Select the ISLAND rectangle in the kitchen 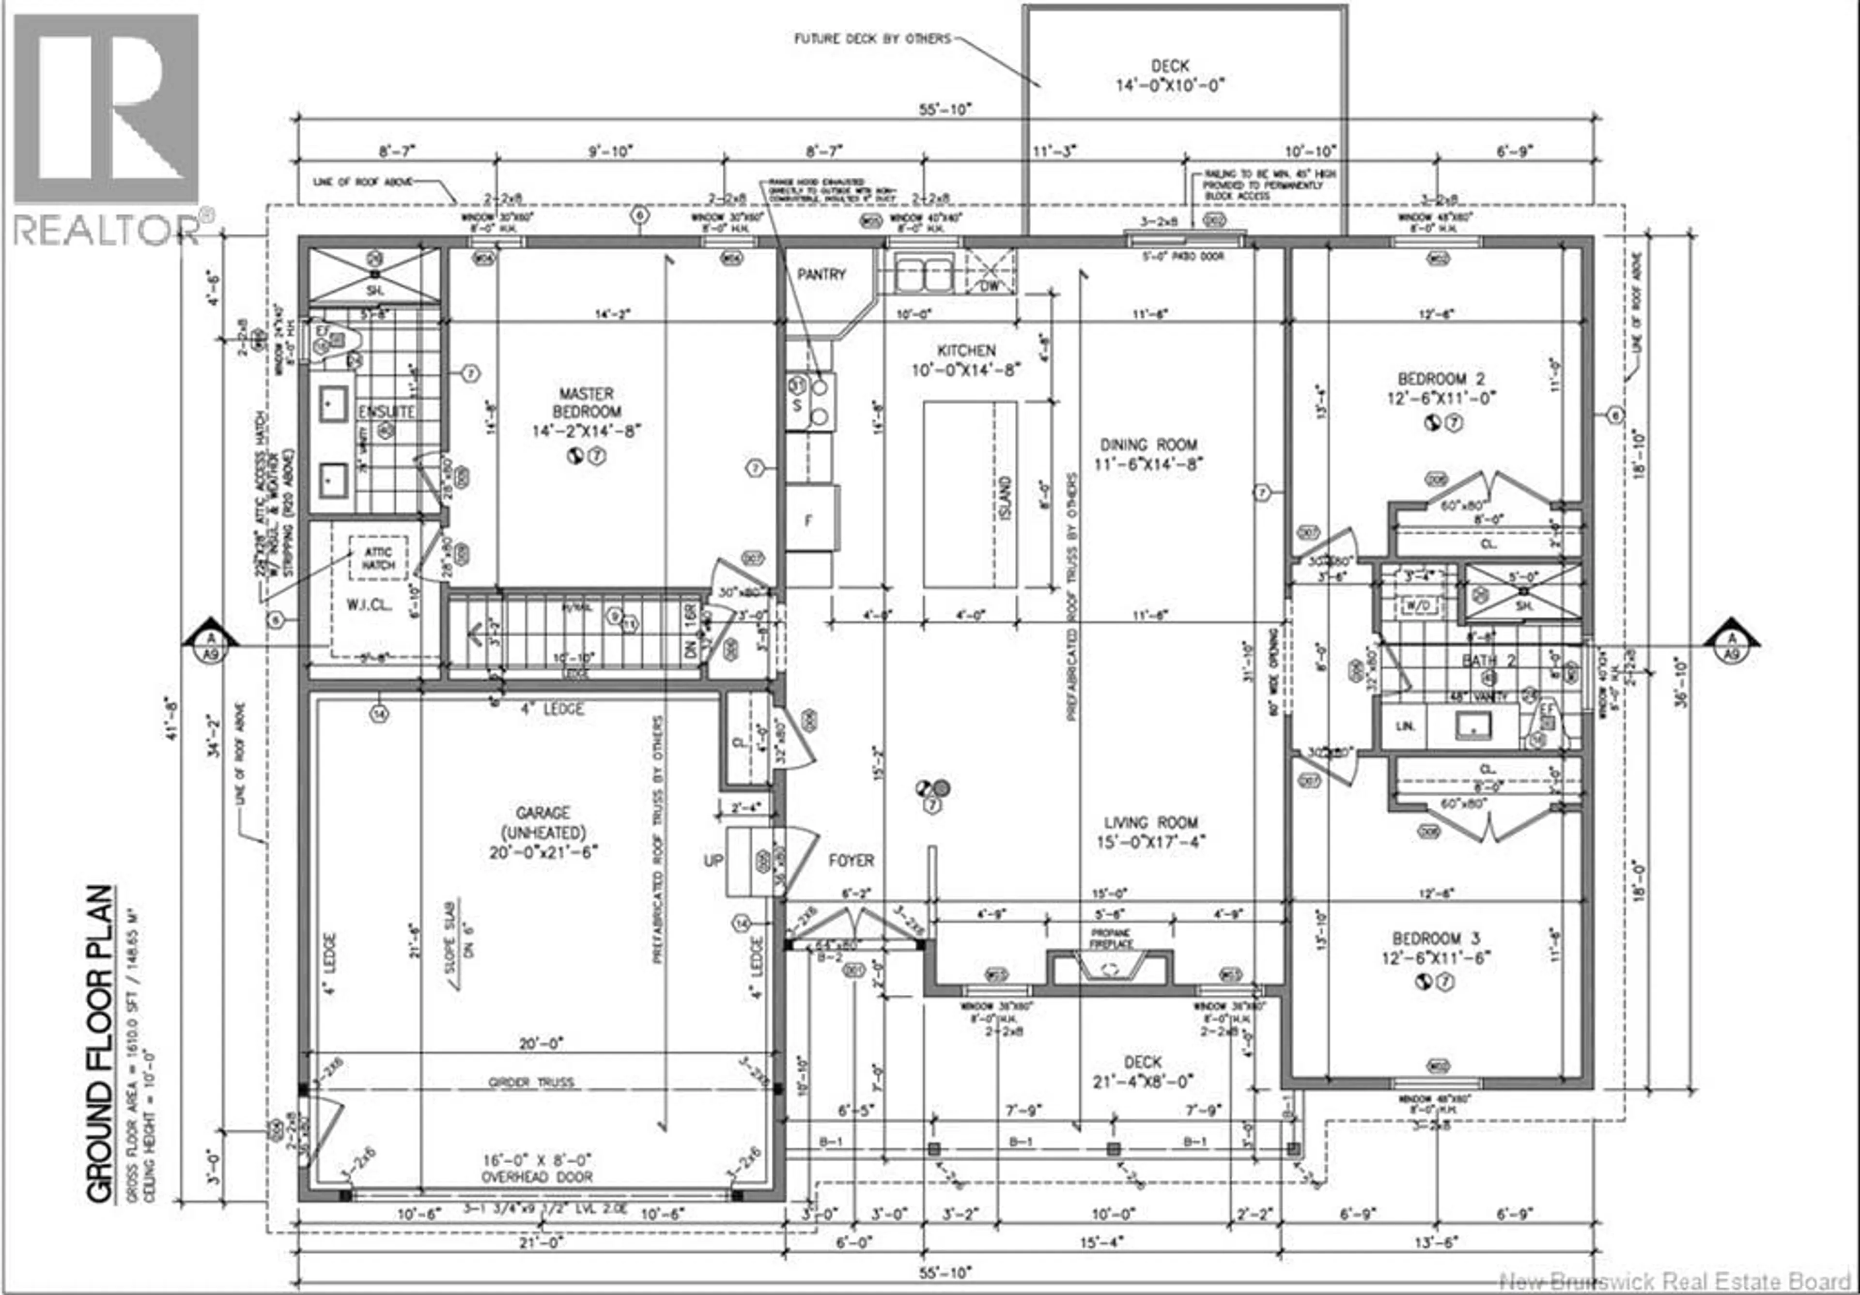click(x=970, y=494)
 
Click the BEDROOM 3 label click(x=1436, y=939)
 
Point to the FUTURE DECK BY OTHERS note click(x=872, y=39)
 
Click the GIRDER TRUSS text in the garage click(x=531, y=1082)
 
